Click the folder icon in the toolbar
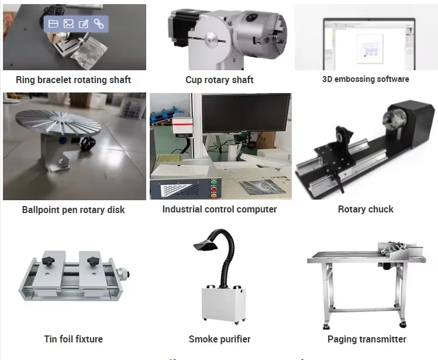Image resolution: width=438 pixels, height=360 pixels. point(53,24)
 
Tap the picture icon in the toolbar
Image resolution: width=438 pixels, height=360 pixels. point(68,24)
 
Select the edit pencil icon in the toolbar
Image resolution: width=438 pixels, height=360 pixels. point(84,24)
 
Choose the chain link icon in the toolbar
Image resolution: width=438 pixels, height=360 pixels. point(99,24)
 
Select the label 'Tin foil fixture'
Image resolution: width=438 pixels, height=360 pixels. point(73,339)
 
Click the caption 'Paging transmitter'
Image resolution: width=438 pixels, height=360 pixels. point(367,339)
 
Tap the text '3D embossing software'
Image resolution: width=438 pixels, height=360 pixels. point(365,79)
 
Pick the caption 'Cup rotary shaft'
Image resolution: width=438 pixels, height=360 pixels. point(219,80)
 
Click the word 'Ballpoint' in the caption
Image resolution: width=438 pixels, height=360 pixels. point(42,210)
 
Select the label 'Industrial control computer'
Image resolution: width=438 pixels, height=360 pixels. point(219,209)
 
